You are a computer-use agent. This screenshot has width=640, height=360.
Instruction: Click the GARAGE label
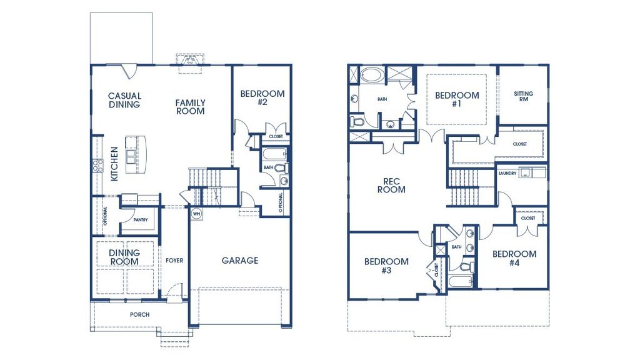(239, 260)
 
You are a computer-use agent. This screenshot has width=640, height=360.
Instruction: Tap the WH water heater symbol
(196, 213)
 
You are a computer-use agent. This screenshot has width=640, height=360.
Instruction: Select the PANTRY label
(140, 220)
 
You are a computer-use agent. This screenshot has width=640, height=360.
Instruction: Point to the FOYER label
(174, 260)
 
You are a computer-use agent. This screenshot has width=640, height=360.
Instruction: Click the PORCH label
(139, 314)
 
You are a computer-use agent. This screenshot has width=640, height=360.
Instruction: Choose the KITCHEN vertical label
(114, 164)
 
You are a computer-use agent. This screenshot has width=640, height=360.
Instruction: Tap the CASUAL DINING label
(125, 100)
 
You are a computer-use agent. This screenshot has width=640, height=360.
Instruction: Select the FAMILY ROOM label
(190, 107)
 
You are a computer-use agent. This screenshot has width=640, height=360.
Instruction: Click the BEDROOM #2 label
(262, 98)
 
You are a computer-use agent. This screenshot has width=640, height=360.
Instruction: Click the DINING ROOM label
(124, 257)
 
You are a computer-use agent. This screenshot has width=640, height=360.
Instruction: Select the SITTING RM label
(524, 96)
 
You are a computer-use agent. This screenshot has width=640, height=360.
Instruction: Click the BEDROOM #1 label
(457, 99)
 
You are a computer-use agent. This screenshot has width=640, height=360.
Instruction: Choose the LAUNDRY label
(507, 173)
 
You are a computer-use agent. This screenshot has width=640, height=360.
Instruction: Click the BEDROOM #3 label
(386, 266)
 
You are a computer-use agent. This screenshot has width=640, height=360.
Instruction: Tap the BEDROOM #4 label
(514, 258)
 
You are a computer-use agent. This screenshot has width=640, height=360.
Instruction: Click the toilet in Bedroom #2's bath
(281, 167)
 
